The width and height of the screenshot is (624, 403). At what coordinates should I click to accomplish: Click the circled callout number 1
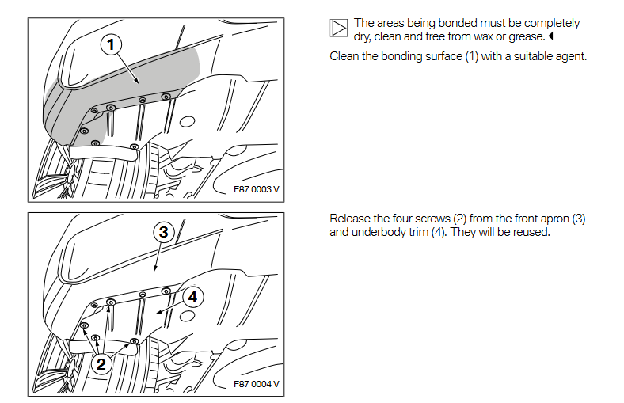(x=112, y=45)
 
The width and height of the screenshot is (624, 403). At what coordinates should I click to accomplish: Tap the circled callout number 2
(x=101, y=363)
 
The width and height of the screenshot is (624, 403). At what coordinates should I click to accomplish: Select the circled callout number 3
(x=163, y=232)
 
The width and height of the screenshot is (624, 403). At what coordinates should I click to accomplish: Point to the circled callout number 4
(x=193, y=297)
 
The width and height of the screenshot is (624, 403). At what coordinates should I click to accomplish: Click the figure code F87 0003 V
(x=257, y=190)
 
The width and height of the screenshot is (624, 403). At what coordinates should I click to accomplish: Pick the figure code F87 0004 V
(x=257, y=385)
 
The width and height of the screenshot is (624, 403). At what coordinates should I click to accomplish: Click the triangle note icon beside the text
(x=338, y=29)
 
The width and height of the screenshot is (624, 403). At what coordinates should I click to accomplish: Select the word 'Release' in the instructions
(x=350, y=219)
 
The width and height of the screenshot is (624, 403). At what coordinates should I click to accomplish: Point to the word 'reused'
(x=530, y=233)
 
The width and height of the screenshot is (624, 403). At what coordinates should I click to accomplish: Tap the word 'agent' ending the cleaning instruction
(x=568, y=57)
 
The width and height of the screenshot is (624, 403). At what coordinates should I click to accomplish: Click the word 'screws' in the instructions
(x=431, y=219)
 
